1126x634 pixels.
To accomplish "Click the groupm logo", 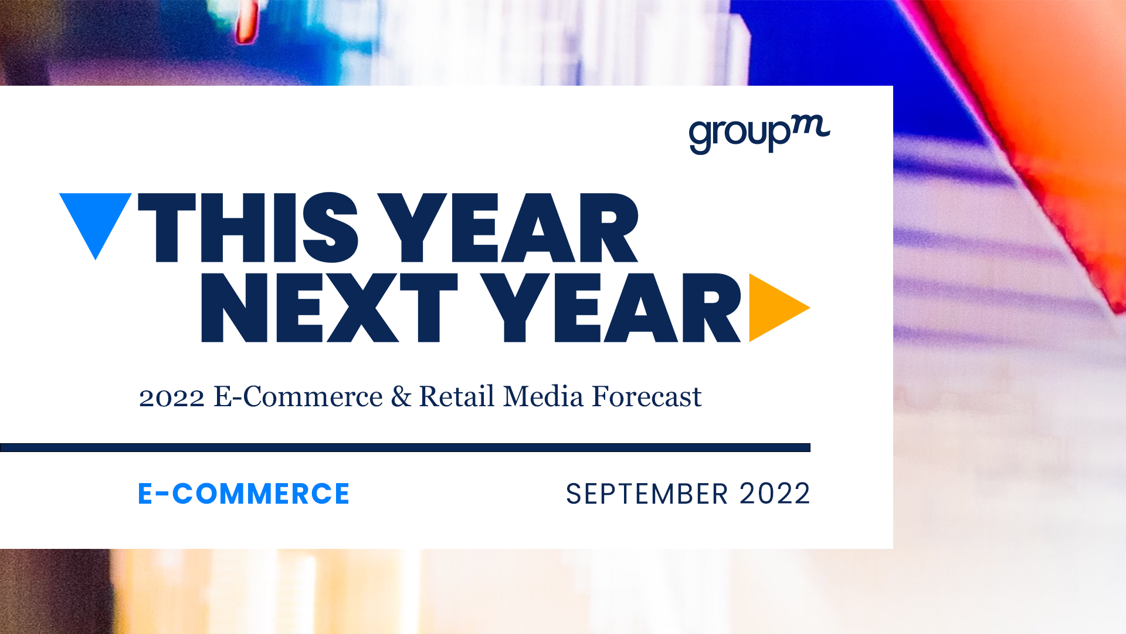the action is [759, 135].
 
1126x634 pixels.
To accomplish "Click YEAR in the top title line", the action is [508, 228].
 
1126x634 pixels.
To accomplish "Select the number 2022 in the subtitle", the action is [172, 397].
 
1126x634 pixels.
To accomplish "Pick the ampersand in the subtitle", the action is [401, 396].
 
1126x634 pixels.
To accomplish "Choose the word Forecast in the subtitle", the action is [647, 396].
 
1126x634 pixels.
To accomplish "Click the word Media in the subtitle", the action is [544, 396].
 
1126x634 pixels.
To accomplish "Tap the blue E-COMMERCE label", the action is [243, 494].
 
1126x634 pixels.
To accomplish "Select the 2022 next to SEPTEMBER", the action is [775, 494].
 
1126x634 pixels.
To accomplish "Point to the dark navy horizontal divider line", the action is [405, 447].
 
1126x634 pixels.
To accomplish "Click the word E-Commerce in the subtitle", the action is [298, 396].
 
